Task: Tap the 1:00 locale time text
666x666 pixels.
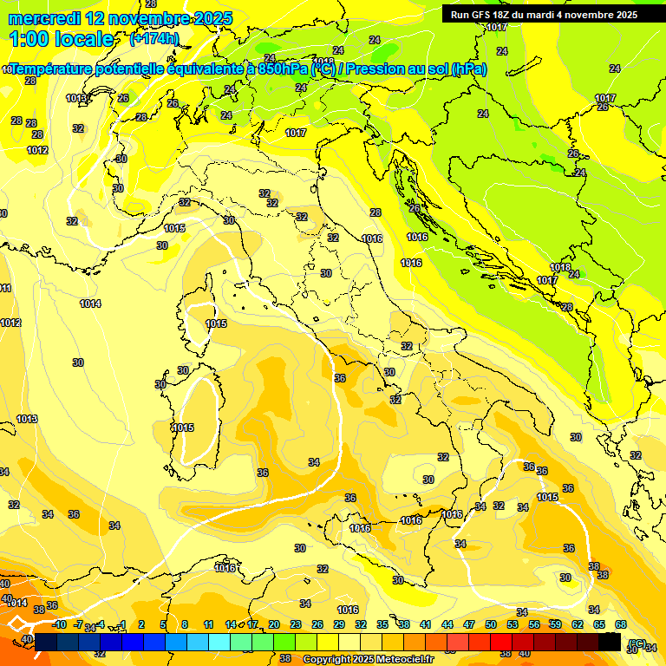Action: point(62,39)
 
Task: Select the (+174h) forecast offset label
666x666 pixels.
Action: point(154,39)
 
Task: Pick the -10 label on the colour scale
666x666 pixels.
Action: point(59,624)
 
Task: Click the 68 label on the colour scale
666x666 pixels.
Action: point(621,624)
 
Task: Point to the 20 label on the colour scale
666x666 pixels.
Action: point(273,624)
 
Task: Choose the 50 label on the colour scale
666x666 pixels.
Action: point(491,624)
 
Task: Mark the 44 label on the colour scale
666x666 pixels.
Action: point(447,624)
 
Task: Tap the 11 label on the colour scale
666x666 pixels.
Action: point(208,624)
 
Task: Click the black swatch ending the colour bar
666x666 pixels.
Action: point(610,642)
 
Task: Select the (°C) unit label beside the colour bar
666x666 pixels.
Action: point(637,643)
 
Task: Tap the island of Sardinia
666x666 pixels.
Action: point(193,416)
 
